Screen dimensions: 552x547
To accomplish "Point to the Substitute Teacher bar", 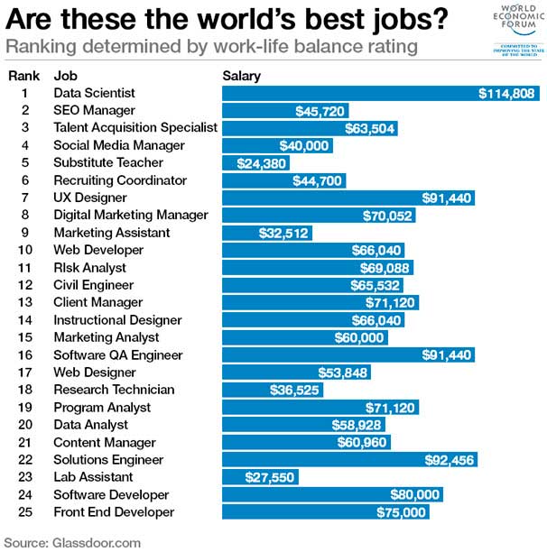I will click(256, 162).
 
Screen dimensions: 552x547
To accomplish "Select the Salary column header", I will click(241, 76).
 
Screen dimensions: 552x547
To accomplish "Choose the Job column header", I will click(65, 76).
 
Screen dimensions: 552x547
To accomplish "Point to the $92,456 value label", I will click(450, 460).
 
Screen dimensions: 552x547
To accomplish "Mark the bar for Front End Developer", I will click(325, 512).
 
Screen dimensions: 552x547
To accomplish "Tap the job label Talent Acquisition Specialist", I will click(135, 127).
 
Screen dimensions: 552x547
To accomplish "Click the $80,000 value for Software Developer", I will click(415, 494).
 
